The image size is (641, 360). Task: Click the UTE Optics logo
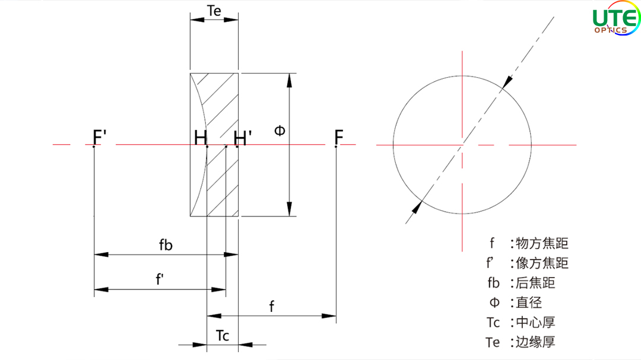coord(616,19)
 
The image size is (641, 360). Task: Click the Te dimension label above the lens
coord(214,11)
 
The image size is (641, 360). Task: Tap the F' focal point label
coord(100,138)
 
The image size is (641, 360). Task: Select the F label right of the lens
coord(338,138)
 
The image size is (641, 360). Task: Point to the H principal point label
coord(201,138)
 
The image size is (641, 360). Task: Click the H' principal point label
coord(242,138)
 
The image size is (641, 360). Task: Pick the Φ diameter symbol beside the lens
coord(280,130)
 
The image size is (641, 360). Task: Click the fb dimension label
coord(166,245)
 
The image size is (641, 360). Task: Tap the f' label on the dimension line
coord(160,279)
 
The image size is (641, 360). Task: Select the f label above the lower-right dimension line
coord(271,306)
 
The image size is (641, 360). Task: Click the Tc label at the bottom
coord(223,336)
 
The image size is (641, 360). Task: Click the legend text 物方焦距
coord(542,243)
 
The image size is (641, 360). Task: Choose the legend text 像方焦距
coord(542,263)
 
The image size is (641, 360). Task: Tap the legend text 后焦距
coord(535,283)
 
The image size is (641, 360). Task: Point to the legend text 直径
coord(529,302)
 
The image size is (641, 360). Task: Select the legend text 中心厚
coord(535,323)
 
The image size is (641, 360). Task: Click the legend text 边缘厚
coord(535,342)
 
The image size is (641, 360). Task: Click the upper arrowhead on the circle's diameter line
coord(507,82)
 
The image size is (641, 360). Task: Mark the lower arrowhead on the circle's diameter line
coord(417,207)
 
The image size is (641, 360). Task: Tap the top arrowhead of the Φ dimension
coord(290,81)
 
